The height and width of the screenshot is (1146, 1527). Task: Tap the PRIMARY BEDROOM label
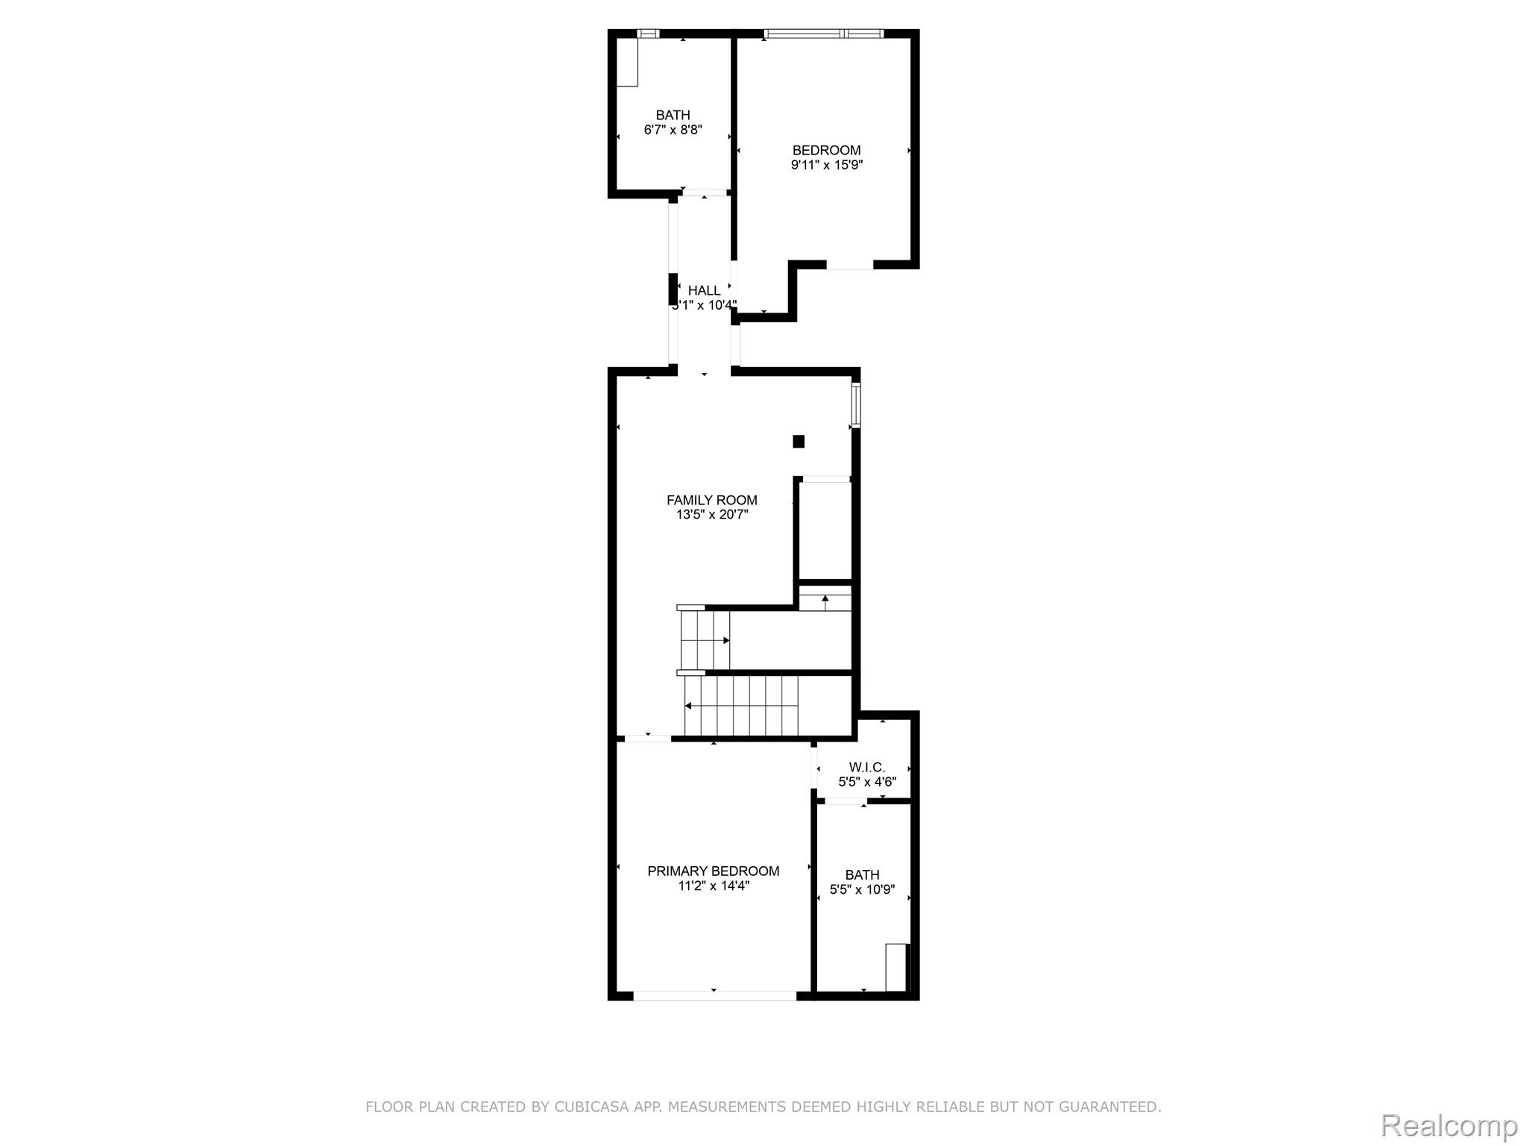713,871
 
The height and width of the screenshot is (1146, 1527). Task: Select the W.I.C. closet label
867,767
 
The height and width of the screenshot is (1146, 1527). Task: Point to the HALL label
704,290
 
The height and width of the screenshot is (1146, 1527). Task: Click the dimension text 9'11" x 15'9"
827,165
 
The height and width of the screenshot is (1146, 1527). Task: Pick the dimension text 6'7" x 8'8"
673,130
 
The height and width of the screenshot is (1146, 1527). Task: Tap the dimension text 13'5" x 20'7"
712,515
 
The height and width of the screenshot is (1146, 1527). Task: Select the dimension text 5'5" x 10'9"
862,889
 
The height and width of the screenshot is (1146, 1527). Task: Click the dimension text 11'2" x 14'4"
714,886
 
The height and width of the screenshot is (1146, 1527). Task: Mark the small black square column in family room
799,441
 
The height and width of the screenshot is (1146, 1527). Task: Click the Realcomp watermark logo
1449,1126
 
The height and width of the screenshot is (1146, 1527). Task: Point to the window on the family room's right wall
856,405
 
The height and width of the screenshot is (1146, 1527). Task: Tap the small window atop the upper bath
649,34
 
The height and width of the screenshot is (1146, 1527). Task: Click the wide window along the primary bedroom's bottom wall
715,995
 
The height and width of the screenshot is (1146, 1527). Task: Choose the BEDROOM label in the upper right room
826,150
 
